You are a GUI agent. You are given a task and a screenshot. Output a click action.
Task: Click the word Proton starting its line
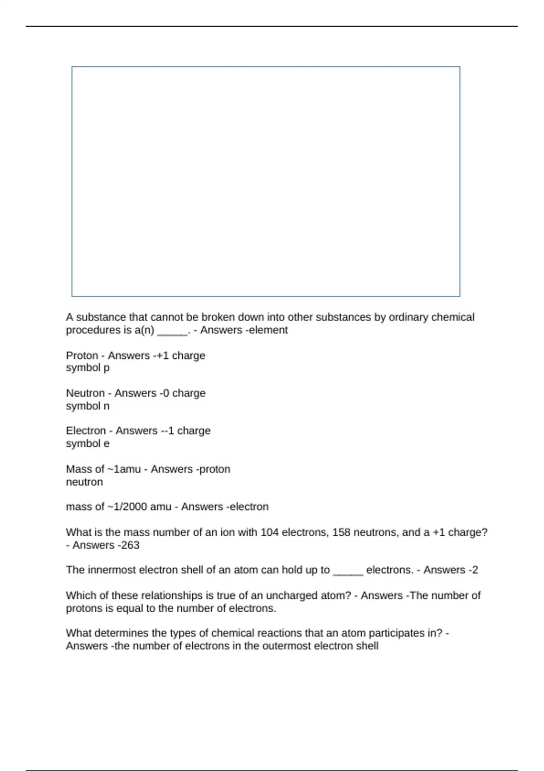pos(82,356)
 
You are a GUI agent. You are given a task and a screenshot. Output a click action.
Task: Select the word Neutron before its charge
pos(85,393)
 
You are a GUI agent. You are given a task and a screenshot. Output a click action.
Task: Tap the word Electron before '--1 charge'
pos(86,431)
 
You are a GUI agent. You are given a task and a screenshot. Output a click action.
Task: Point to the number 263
pos(130,545)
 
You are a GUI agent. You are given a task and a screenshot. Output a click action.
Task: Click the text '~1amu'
pos(123,469)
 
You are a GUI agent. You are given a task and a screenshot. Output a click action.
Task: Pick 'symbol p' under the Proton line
pos(87,368)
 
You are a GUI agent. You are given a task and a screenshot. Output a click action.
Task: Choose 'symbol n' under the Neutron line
pos(87,406)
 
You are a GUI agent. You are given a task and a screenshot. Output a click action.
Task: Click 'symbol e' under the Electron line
pos(87,444)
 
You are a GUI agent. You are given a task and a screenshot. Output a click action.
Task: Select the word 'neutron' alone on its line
pos(84,482)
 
